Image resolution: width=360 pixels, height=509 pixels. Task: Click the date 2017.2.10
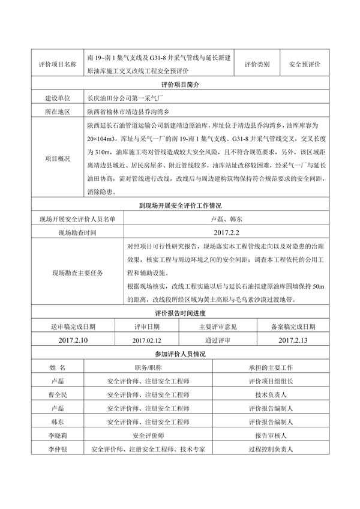[x=73, y=340]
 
